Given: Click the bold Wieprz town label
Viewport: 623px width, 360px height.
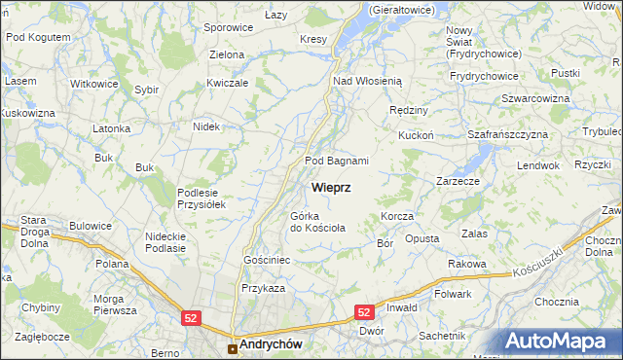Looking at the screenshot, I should (x=332, y=186).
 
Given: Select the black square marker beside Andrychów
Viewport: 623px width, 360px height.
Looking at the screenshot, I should (x=232, y=347).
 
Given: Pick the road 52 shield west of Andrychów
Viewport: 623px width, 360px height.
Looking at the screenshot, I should (x=191, y=317).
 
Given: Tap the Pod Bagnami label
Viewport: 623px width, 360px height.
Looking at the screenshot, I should (x=337, y=161).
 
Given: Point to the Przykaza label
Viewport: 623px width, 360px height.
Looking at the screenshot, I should (x=263, y=288).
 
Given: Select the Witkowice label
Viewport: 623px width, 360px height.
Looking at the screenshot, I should (x=94, y=84).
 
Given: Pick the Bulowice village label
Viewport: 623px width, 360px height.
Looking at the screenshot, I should (x=90, y=226).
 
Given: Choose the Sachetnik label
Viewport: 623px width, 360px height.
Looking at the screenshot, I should (x=441, y=336).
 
